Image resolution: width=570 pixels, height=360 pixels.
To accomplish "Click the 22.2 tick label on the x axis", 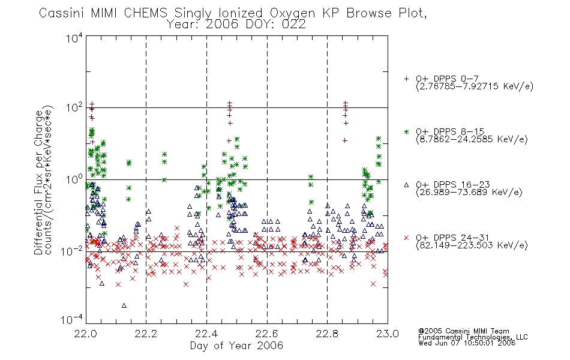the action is pos(146,334).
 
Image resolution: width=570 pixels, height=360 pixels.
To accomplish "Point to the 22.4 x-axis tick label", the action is pos(207,334).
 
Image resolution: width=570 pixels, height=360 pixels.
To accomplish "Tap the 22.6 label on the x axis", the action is pos(267,334).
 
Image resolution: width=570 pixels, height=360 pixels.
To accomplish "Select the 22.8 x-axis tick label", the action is pos(327,334).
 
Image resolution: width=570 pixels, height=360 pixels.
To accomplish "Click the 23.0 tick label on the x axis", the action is pos(388,334).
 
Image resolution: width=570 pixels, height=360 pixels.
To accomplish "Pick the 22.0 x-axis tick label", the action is pos(86,334).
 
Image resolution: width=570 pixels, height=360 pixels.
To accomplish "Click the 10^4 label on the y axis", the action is pos(74,38).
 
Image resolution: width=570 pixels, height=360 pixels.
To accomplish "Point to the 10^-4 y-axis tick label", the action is pos(71,320).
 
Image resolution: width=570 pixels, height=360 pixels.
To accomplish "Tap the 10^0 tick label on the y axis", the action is pos(74,179).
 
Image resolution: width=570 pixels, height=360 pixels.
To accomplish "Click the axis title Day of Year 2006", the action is pos(236,346).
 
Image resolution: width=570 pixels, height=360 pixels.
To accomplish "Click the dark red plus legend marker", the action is pos(406,79).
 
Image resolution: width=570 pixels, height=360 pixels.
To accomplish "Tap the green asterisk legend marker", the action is pos(406,131).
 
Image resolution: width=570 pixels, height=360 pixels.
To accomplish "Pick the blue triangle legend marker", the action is pos(406,185).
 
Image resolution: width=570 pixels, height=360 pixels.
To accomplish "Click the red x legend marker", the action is pos(406,238).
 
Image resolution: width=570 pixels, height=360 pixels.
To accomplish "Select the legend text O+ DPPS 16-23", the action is pos(452,185).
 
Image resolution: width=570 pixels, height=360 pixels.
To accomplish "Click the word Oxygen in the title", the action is pos(292,13).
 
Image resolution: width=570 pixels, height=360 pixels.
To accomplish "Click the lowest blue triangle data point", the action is pos(124,305).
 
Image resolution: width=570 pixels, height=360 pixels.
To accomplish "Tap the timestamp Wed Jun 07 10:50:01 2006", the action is pos(467,343).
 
